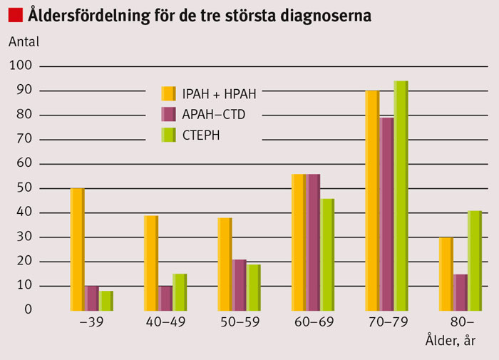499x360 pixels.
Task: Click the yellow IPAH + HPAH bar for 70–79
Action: [x=372, y=200]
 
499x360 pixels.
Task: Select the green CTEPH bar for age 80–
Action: [x=475, y=260]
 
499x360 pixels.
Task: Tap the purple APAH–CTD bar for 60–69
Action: [x=314, y=242]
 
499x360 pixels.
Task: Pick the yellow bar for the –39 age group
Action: [x=77, y=250]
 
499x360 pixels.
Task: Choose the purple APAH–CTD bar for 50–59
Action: [x=240, y=285]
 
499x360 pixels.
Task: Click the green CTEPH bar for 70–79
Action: [x=401, y=195]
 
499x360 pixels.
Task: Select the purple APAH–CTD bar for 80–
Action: [x=460, y=292]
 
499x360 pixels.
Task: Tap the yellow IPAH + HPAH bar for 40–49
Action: [x=151, y=262]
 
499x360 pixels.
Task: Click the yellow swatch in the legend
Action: [x=169, y=93]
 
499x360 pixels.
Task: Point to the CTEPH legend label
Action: [x=201, y=134]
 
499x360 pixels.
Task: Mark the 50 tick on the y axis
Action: [x=24, y=188]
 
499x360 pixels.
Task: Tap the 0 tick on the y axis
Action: [x=29, y=310]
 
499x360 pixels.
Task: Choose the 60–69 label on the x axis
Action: [x=313, y=323]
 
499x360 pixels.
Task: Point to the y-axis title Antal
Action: [x=24, y=41]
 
